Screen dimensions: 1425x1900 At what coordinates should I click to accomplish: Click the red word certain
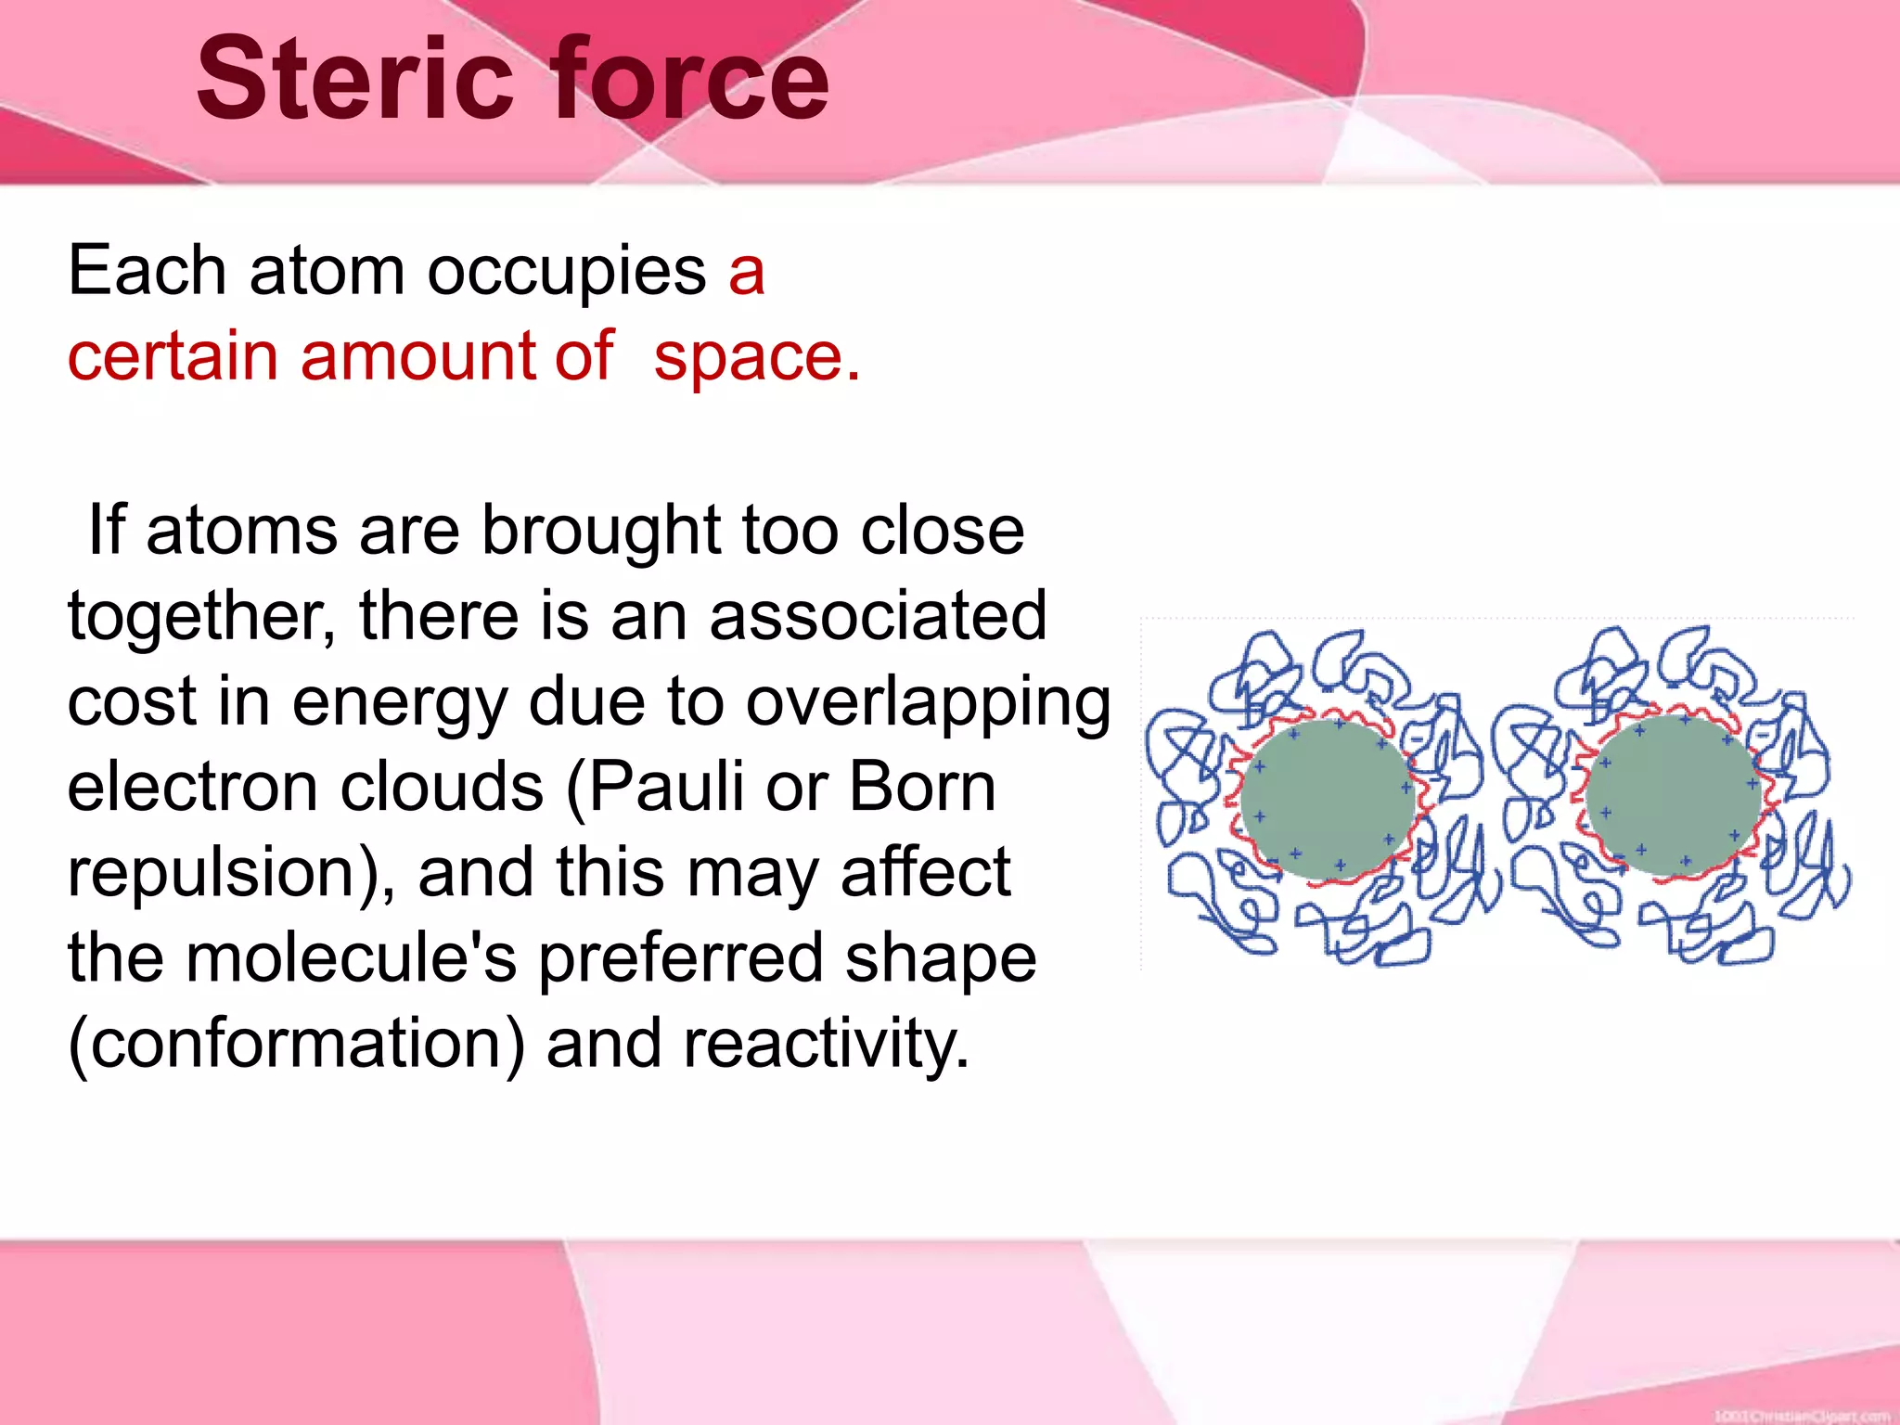pos(173,356)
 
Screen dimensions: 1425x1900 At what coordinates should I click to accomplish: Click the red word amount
pos(417,356)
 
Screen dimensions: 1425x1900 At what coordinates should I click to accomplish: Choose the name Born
pos(922,787)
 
